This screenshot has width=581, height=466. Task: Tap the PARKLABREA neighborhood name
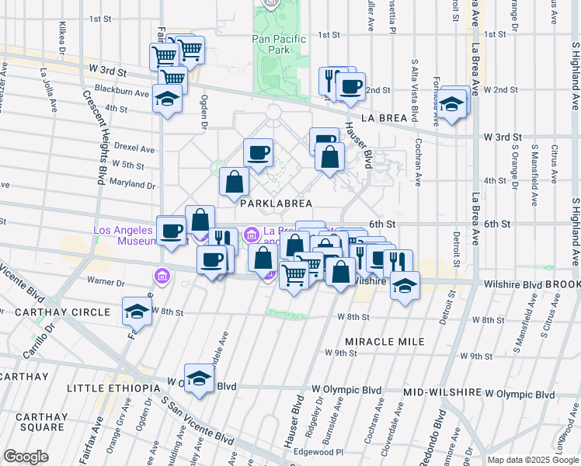point(276,203)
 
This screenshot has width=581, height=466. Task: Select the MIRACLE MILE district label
point(384,342)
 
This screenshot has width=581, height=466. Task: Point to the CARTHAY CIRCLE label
point(54,312)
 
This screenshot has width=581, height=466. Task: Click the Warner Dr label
point(106,280)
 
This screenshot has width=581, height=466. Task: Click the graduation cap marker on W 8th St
point(137,312)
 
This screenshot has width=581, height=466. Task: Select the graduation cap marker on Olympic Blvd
point(200,379)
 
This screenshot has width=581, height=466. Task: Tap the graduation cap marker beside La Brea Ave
point(451,103)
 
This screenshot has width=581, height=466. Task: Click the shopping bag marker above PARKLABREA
point(234,183)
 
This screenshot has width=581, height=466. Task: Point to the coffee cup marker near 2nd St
point(350,86)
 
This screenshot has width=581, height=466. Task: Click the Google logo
point(26,457)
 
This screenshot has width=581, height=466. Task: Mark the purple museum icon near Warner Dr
point(162,275)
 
